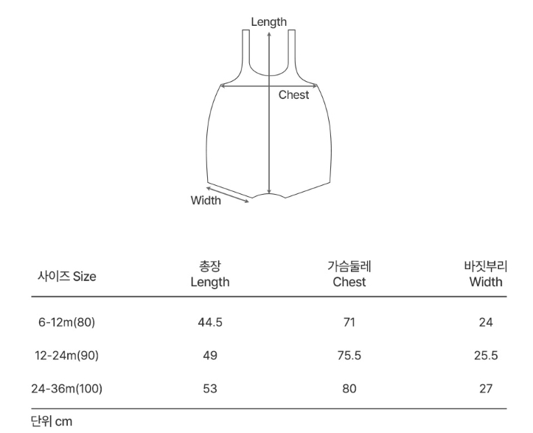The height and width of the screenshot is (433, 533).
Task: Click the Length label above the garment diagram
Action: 268,22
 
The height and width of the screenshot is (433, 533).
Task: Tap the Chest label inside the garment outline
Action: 293,94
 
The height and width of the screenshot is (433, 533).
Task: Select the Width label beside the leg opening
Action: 206,201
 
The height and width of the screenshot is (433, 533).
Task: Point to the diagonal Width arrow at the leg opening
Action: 228,195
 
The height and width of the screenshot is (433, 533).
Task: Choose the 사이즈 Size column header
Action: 66,276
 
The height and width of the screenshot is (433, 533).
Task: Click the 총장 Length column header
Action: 209,274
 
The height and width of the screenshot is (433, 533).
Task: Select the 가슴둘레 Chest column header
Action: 349,274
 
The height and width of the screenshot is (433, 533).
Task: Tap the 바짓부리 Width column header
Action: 486,274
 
